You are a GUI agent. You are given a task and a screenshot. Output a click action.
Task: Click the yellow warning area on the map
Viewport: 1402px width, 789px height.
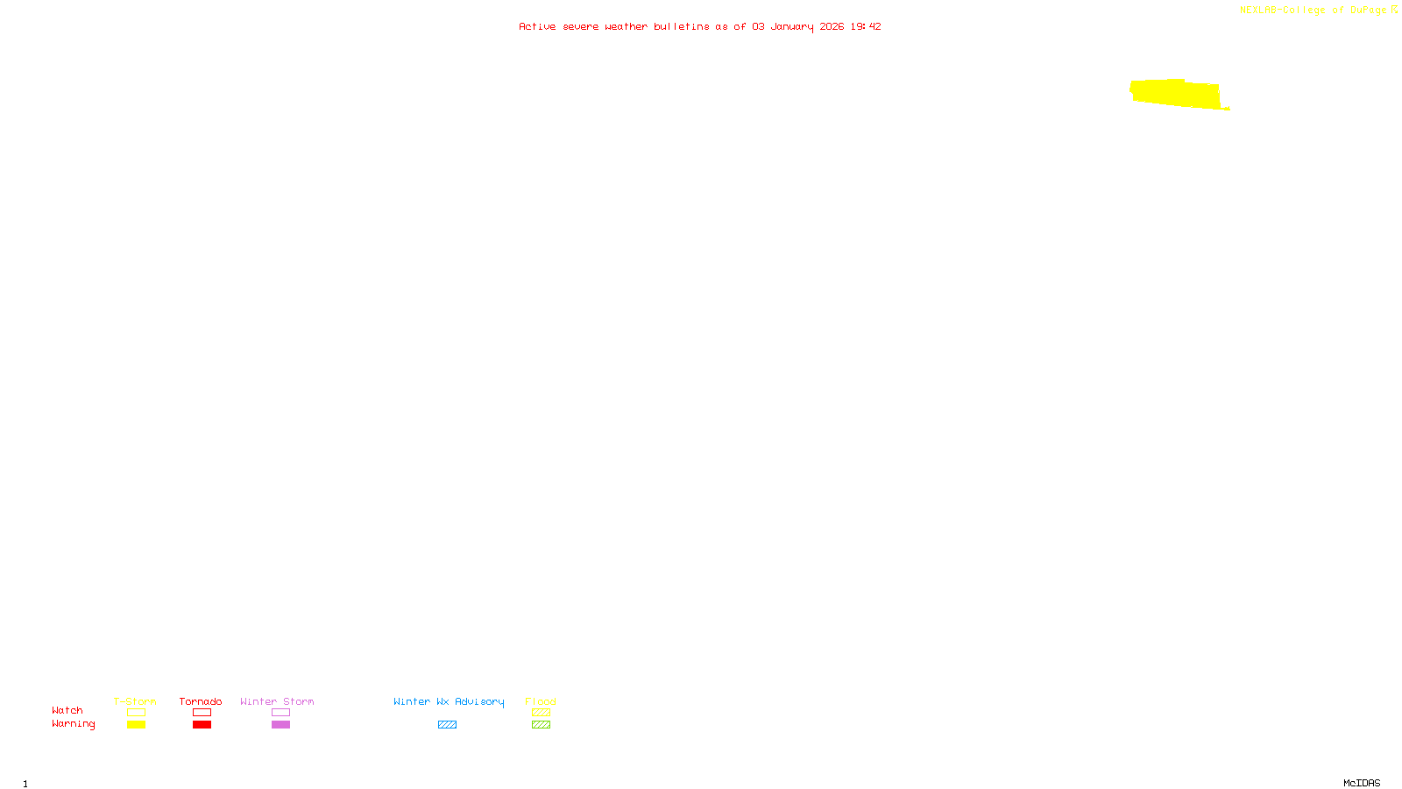[x=1174, y=94]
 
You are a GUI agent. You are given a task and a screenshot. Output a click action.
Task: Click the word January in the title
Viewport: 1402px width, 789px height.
[x=792, y=26]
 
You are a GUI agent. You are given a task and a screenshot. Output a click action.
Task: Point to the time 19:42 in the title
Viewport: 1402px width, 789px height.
[x=866, y=26]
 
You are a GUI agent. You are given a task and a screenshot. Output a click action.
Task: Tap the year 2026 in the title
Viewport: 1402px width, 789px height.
[x=832, y=26]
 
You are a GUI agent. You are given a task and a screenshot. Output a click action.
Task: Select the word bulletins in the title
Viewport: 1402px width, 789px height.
[x=681, y=26]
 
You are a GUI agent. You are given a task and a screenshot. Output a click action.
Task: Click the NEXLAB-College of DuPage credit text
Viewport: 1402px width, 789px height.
[x=1313, y=10]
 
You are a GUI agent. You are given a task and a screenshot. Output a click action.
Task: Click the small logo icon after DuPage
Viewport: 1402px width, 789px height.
[x=1394, y=10]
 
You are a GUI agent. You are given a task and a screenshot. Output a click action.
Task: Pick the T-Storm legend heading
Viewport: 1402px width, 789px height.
[x=135, y=701]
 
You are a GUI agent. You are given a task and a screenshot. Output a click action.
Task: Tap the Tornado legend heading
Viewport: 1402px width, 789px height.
[x=201, y=701]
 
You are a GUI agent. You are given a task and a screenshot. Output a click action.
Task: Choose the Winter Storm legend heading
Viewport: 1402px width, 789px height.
[x=277, y=701]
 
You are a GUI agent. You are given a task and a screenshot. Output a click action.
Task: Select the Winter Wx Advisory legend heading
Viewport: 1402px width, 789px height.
[x=449, y=701]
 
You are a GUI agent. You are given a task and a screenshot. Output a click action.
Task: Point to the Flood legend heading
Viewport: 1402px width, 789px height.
[x=541, y=701]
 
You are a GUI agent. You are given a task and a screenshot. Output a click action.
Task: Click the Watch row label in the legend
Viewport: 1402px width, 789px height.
[x=67, y=710]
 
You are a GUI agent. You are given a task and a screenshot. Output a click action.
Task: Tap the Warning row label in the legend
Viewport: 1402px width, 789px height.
[x=73, y=724]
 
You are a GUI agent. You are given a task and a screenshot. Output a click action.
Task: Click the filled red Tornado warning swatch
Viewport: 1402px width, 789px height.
[x=202, y=725]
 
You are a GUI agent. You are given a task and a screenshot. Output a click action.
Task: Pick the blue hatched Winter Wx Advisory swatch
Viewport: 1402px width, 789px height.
[x=447, y=725]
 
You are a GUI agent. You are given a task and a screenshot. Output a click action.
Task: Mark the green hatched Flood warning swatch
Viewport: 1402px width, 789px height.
[x=541, y=725]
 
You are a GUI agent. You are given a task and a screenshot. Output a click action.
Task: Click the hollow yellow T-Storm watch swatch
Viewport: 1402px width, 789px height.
[x=136, y=713]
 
